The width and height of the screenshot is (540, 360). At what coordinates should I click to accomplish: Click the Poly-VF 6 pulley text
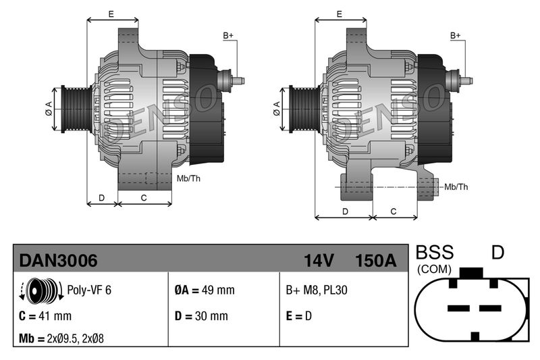89,290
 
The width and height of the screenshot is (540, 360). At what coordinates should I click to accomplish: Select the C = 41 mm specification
45,315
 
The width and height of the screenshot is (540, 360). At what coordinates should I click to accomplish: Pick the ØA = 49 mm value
204,290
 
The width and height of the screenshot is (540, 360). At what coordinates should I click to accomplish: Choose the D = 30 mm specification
201,315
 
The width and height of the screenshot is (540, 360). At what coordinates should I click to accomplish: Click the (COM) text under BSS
435,269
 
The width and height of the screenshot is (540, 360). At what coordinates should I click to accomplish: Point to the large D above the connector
497,253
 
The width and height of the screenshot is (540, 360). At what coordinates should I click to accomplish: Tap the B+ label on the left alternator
228,35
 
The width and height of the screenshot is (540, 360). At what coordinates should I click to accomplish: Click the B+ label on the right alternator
456,35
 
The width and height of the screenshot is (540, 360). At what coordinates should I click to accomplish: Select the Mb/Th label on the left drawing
188,179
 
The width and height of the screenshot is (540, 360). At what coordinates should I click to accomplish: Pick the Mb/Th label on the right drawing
456,186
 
